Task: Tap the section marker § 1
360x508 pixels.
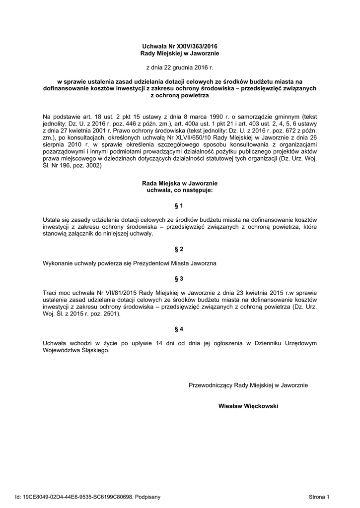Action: (x=180, y=205)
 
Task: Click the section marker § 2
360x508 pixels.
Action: (x=180, y=249)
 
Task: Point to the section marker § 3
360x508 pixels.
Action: (x=180, y=279)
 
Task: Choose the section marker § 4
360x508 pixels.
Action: (x=180, y=329)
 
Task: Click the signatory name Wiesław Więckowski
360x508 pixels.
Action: (x=248, y=406)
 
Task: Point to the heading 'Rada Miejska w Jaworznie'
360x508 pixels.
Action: (x=180, y=184)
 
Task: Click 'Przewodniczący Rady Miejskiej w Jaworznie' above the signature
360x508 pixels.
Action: (x=248, y=385)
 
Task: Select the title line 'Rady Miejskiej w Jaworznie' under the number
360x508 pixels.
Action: (x=180, y=53)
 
